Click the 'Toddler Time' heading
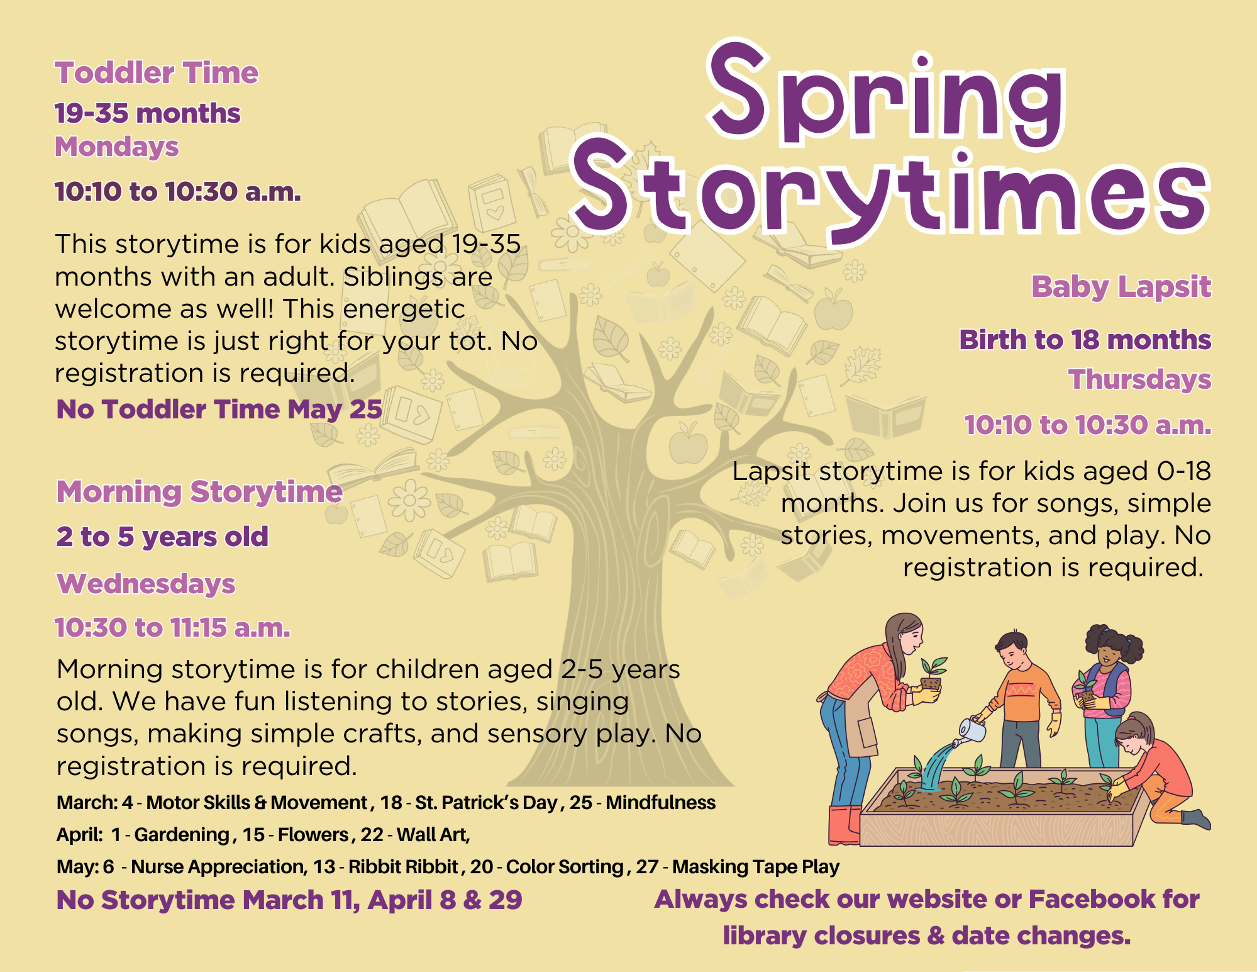[x=157, y=73]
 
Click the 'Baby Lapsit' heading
[x=1121, y=287]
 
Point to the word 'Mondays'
[x=117, y=147]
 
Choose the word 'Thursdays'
[x=1139, y=379]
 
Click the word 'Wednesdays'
[x=146, y=584]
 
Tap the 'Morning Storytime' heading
[x=199, y=491]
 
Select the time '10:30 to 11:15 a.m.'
[x=173, y=628]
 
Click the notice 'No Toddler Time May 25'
[x=219, y=410]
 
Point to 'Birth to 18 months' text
[x=1085, y=340]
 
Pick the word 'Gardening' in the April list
[x=182, y=835]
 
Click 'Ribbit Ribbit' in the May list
[x=403, y=867]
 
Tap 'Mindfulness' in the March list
[x=660, y=803]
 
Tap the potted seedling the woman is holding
[x=932, y=674]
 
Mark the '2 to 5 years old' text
[x=162, y=537]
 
